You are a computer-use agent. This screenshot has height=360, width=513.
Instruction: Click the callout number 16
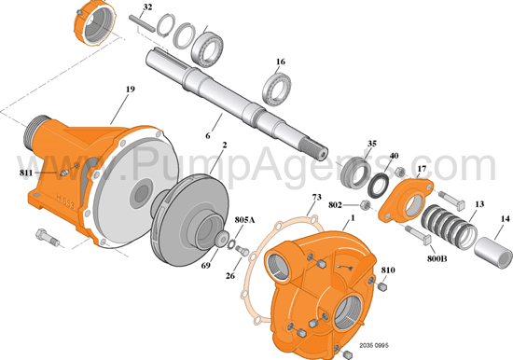(280, 62)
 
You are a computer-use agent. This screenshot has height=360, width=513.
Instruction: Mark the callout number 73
(316, 198)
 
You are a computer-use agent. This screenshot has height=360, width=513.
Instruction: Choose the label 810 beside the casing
(388, 270)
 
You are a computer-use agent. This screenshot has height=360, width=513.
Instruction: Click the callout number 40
(395, 156)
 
